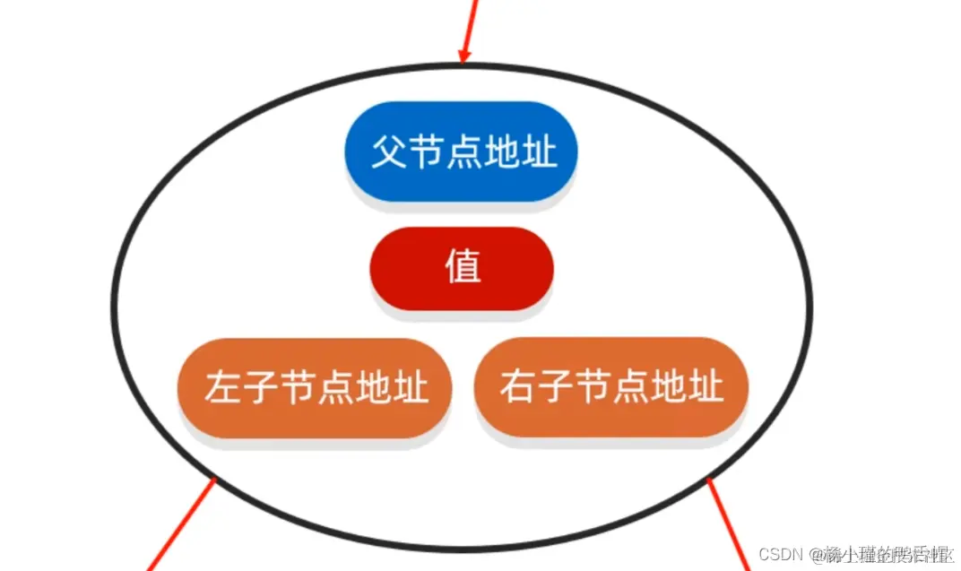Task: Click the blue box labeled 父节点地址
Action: point(462,151)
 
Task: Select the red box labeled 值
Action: point(463,268)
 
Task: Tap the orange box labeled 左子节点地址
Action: point(315,387)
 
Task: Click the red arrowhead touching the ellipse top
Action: point(464,56)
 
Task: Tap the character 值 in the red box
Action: point(463,267)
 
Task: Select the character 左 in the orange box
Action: point(221,388)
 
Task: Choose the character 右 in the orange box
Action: point(517,388)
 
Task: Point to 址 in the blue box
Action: point(539,152)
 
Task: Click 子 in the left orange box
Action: point(265,388)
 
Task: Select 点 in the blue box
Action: point(463,152)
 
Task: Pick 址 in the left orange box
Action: point(410,388)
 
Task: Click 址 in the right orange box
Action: point(706,388)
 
